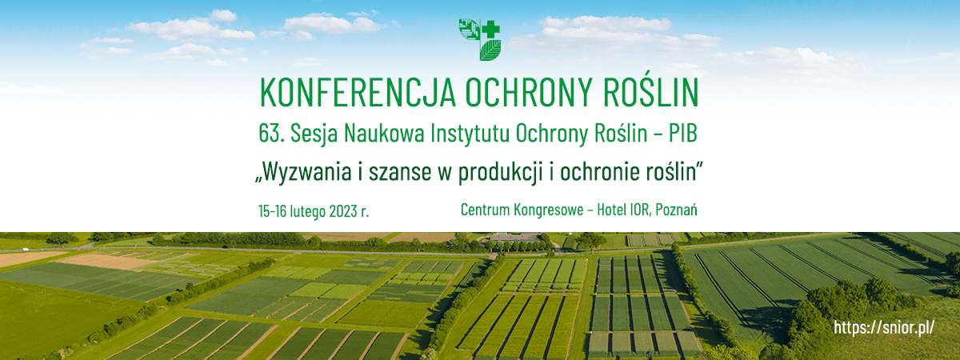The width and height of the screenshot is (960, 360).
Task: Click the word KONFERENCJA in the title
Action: (358, 93)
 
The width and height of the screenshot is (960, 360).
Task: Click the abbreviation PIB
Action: (682, 134)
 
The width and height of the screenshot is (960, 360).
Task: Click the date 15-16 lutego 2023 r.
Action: (314, 211)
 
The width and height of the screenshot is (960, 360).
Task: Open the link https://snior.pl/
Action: (884, 328)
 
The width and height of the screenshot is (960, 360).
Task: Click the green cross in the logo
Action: (490, 30)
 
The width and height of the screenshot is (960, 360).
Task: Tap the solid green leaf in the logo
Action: (490, 50)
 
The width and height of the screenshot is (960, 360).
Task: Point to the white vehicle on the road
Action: (26, 249)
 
